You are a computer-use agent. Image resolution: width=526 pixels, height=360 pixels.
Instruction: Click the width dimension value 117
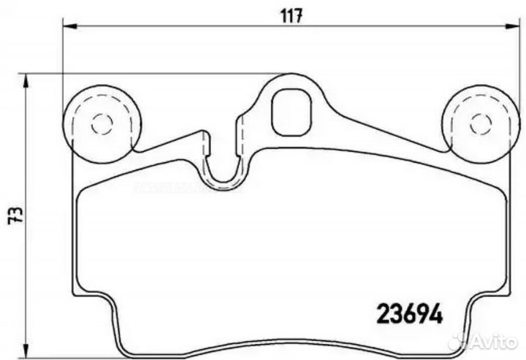291,15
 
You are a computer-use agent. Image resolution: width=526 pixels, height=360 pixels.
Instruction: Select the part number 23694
409,313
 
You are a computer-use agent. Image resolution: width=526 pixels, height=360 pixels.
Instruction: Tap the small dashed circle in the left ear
102,123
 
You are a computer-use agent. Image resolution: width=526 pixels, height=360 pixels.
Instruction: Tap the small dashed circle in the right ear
480,123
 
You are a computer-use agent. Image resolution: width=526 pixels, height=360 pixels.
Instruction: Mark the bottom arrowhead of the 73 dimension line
28,355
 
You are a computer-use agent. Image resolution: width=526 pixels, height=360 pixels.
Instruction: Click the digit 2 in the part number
382,313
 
